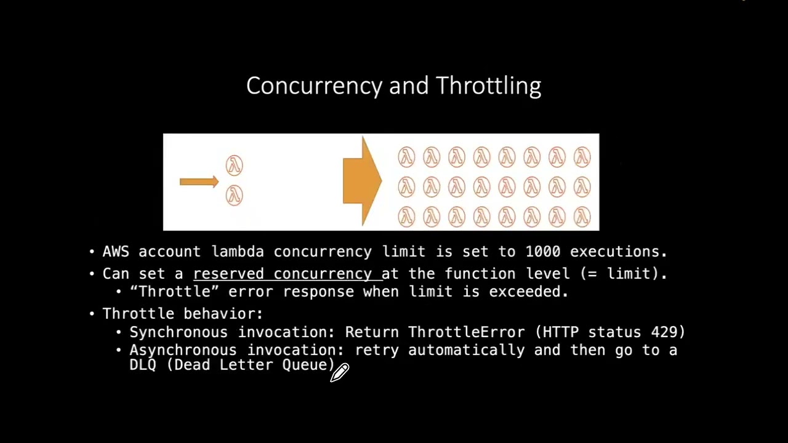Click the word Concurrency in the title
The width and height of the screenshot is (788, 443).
314,86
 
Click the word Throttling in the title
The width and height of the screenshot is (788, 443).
488,86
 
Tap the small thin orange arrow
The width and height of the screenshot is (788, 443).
199,182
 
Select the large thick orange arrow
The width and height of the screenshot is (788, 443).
363,181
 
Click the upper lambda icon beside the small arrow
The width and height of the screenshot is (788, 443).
234,165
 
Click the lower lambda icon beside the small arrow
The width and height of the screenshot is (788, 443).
234,196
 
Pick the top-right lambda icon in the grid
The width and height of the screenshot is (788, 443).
582,158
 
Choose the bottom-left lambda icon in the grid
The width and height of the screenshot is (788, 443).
406,217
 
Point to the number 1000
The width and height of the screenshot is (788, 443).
542,252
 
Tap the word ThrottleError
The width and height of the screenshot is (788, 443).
466,332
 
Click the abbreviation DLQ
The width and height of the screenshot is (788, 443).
143,365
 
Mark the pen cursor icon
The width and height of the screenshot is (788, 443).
340,372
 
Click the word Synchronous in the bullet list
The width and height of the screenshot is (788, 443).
179,332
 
